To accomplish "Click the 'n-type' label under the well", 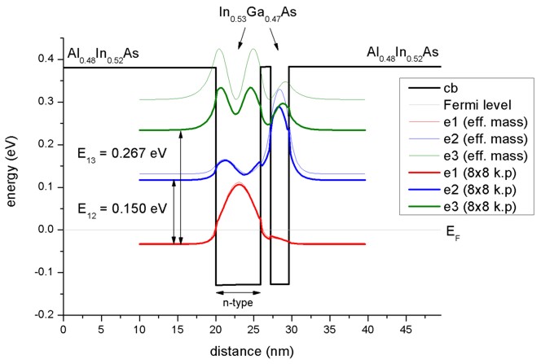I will pyautogui.click(x=238, y=302).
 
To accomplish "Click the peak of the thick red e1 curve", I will pyautogui.click(x=239, y=184).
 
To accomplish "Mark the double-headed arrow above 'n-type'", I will pyautogui.click(x=238, y=292).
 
